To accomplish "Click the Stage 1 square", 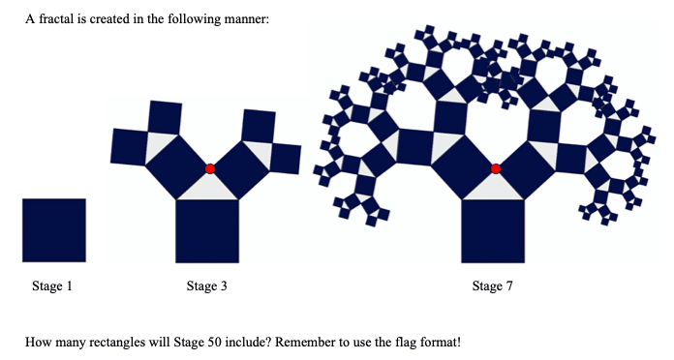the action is (x=54, y=230).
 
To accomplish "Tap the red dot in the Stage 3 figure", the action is (x=210, y=168).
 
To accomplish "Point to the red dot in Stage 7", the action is (x=496, y=168).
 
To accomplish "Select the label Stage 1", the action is (x=52, y=285).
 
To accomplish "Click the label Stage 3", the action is (x=207, y=285).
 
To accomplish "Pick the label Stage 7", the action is (x=493, y=285).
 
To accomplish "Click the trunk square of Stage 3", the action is (x=207, y=231).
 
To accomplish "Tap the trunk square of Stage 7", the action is (x=493, y=231).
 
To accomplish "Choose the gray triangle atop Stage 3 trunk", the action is (x=208, y=188).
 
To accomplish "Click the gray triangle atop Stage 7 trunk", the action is (x=494, y=188).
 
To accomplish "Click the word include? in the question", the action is (x=249, y=343).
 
